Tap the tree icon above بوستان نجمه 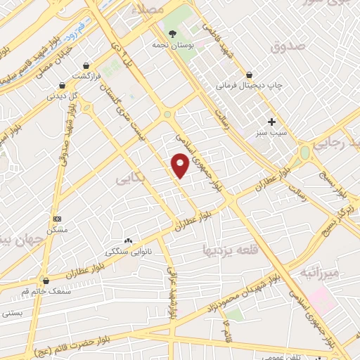coord(172,33)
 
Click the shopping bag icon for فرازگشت coord(86,64)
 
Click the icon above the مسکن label coord(57,219)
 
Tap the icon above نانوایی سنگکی coord(128,240)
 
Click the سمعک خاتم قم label coord(46,290)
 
